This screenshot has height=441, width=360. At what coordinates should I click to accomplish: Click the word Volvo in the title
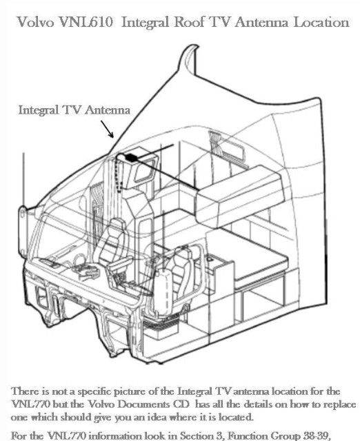pyautogui.click(x=35, y=22)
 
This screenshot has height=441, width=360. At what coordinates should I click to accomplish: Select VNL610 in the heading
pyautogui.click(x=86, y=22)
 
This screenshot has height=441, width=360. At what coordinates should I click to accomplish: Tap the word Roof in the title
pyautogui.click(x=189, y=22)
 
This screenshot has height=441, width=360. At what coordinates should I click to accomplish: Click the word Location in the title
pyautogui.click(x=321, y=22)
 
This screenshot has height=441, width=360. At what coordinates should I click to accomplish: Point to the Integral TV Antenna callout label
pyautogui.click(x=74, y=110)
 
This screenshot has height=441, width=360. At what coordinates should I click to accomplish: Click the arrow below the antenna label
pyautogui.click(x=107, y=129)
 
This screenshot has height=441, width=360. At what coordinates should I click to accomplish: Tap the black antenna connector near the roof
pyautogui.click(x=130, y=158)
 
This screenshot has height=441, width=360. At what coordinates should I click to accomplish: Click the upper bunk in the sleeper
pyautogui.click(x=239, y=194)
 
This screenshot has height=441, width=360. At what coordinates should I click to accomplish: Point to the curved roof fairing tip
pyautogui.click(x=195, y=47)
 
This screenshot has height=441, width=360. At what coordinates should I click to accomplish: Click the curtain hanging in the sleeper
pyautogui.click(x=216, y=143)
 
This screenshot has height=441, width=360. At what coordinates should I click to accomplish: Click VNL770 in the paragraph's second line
pyautogui.click(x=31, y=404)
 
